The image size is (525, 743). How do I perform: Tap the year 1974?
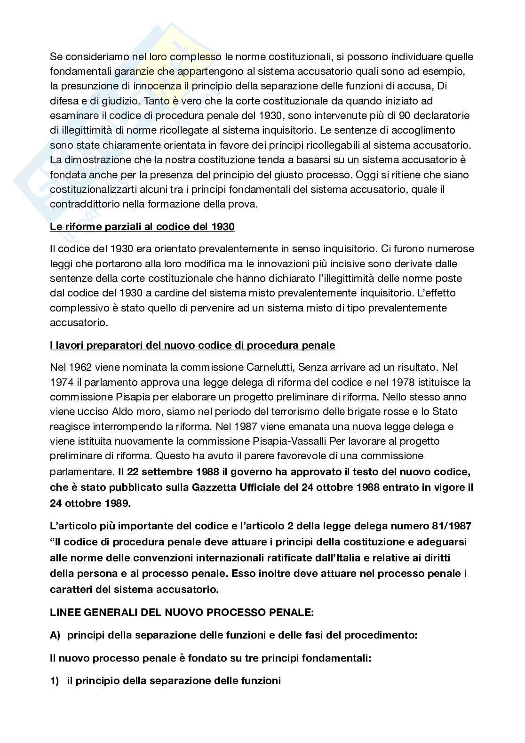pyautogui.click(x=60, y=382)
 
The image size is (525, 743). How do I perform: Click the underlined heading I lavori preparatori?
pyautogui.click(x=192, y=345)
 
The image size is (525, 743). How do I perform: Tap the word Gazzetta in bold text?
pyautogui.click(x=218, y=487)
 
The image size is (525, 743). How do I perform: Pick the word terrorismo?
pyautogui.click(x=271, y=411)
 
